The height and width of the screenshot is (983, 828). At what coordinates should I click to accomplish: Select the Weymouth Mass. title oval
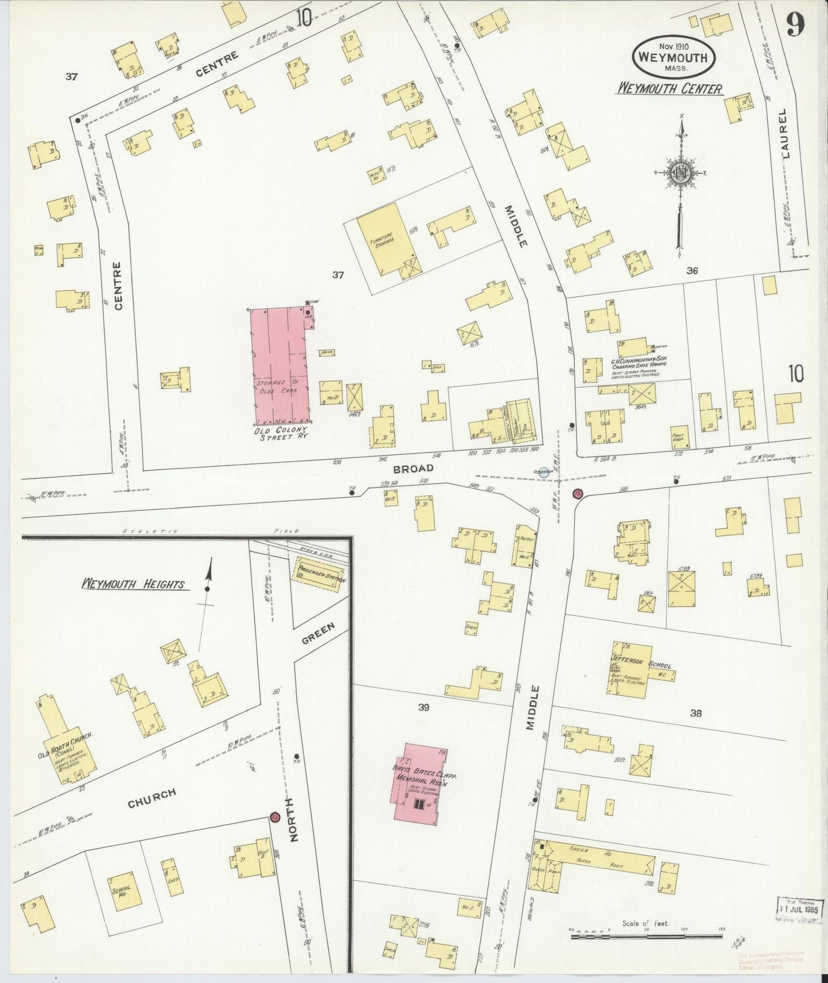673,57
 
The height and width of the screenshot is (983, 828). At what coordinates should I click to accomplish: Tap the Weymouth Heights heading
133,584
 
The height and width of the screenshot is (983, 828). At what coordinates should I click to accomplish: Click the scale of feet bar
645,936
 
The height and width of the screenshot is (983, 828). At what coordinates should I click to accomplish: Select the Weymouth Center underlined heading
669,88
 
